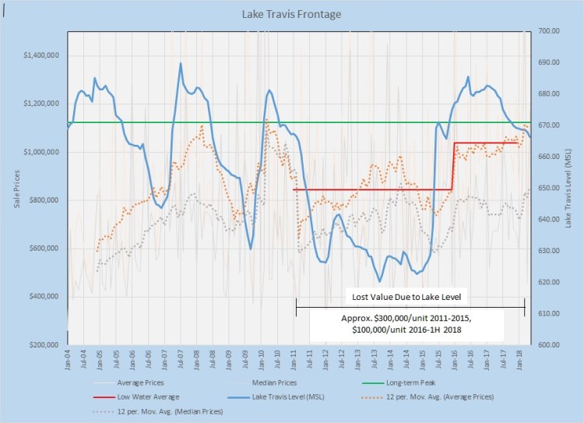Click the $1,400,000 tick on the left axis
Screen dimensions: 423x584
tap(43, 55)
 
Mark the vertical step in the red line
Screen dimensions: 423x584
tap(454, 166)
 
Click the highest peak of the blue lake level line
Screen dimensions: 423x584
tap(181, 63)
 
